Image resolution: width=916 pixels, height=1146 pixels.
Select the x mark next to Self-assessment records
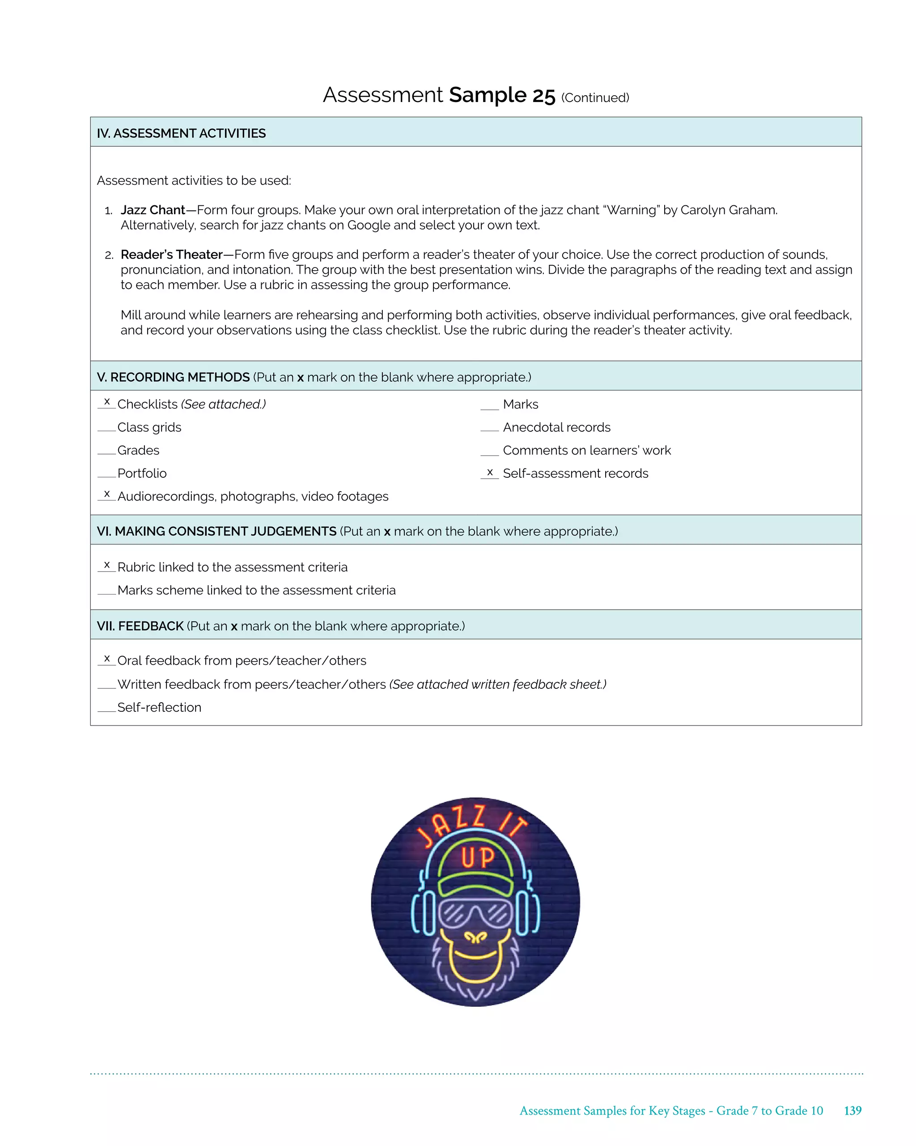pyautogui.click(x=490, y=472)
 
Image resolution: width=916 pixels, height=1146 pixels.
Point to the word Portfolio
pyautogui.click(x=142, y=473)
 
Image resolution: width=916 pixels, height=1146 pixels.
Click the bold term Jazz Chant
pyautogui.click(x=153, y=210)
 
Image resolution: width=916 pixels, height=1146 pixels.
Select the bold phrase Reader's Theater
pyautogui.click(x=172, y=255)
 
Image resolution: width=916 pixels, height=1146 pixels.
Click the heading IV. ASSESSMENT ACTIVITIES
pyautogui.click(x=181, y=133)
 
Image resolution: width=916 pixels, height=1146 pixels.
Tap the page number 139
pyautogui.click(x=852, y=1110)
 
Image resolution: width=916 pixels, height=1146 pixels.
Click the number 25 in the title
pyautogui.click(x=543, y=96)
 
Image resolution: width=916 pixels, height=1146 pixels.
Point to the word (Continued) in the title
pyautogui.click(x=595, y=98)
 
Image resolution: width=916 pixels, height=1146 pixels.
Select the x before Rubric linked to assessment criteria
pyautogui.click(x=107, y=565)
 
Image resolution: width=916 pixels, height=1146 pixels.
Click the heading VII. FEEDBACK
pyautogui.click(x=140, y=626)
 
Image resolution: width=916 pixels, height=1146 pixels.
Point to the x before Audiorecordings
pyautogui.click(x=107, y=494)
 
